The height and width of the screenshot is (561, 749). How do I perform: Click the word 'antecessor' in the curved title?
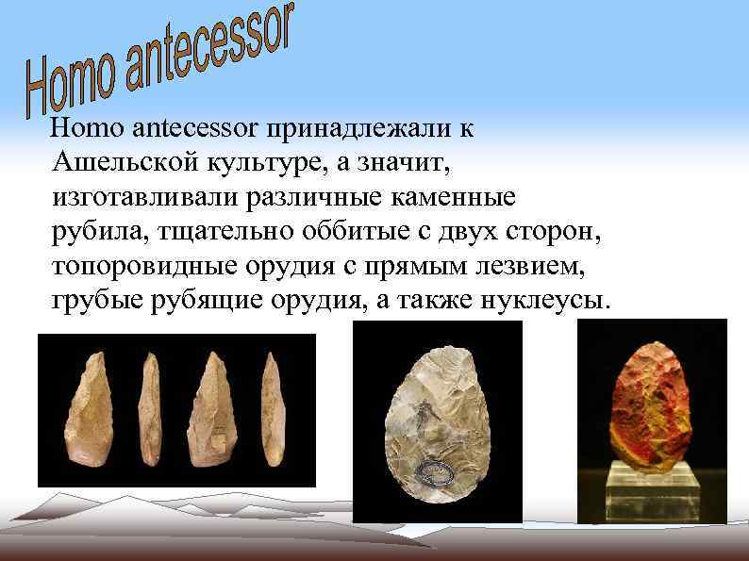pyautogui.click(x=208, y=48)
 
